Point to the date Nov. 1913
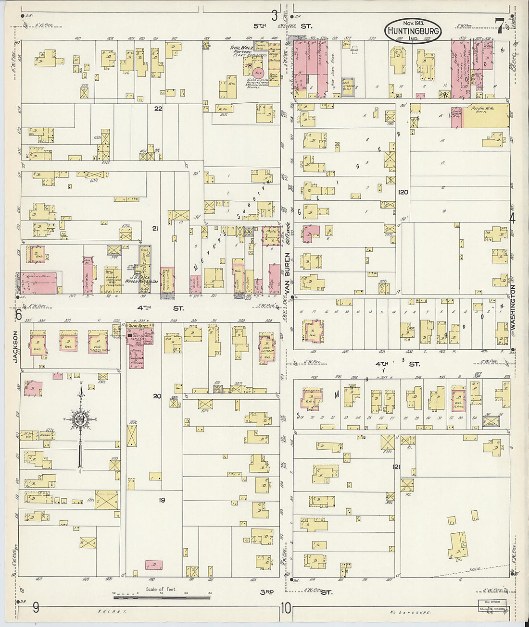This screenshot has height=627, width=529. (412, 23)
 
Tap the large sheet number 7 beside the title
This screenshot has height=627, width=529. (500, 26)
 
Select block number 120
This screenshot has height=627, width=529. (403, 192)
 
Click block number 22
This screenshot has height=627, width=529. (158, 109)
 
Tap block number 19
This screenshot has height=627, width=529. (162, 500)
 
